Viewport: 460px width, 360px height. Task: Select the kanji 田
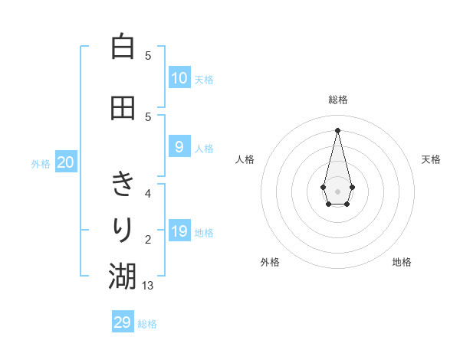pos(122,107)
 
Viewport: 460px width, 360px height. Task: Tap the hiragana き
pos(122,184)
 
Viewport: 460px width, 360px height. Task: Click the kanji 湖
pos(122,276)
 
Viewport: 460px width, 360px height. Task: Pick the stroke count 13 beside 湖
pos(149,285)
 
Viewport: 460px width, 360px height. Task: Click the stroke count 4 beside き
pos(148,193)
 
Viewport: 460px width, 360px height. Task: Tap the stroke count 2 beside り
pos(148,239)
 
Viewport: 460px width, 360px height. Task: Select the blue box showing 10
pos(179,78)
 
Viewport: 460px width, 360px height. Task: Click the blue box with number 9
pos(179,147)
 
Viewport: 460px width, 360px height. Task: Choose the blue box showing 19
pos(179,231)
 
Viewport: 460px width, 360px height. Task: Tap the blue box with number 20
pos(66,162)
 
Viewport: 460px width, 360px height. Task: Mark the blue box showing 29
pos(123,322)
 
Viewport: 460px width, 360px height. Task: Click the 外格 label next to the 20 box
pos(41,163)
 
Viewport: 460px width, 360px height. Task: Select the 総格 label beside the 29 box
pos(147,324)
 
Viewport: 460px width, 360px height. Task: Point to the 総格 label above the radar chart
pos(337,100)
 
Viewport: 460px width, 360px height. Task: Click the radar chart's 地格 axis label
pos(402,262)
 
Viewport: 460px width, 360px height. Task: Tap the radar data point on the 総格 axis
pos(337,129)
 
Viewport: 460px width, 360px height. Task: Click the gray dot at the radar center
pos(337,191)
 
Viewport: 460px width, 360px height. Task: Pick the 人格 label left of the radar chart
pos(245,159)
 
